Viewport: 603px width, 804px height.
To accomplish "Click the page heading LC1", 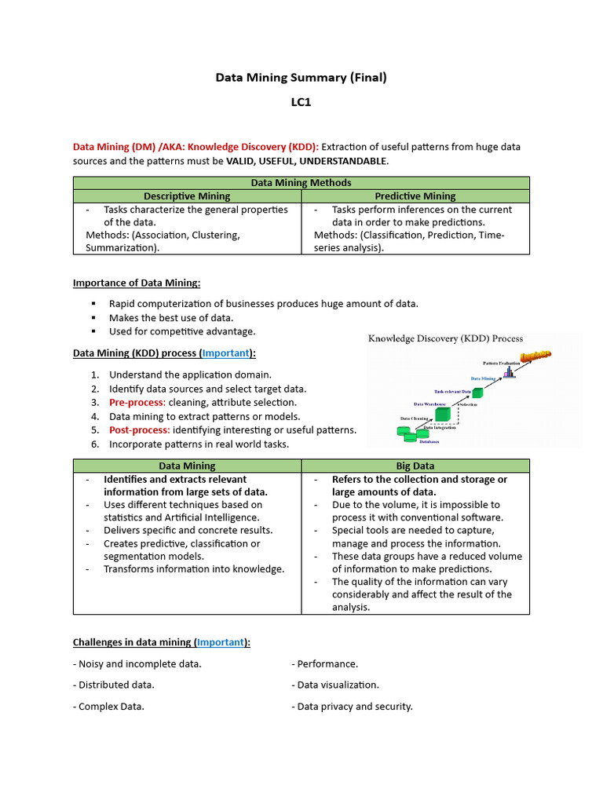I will (301, 102).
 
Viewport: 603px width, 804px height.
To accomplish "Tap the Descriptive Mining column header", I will (187, 196).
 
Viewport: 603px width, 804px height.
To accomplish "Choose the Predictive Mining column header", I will (415, 196).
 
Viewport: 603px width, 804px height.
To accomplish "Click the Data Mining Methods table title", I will (301, 183).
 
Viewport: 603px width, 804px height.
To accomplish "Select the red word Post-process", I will (139, 429).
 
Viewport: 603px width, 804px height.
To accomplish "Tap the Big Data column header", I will (415, 466).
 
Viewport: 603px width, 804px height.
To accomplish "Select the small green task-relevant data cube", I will (477, 392).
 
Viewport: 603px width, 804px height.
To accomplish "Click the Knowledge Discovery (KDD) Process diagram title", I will (446, 338).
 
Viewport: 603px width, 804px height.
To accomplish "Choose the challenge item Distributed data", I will (115, 685).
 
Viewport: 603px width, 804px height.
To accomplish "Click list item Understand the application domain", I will (190, 375).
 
